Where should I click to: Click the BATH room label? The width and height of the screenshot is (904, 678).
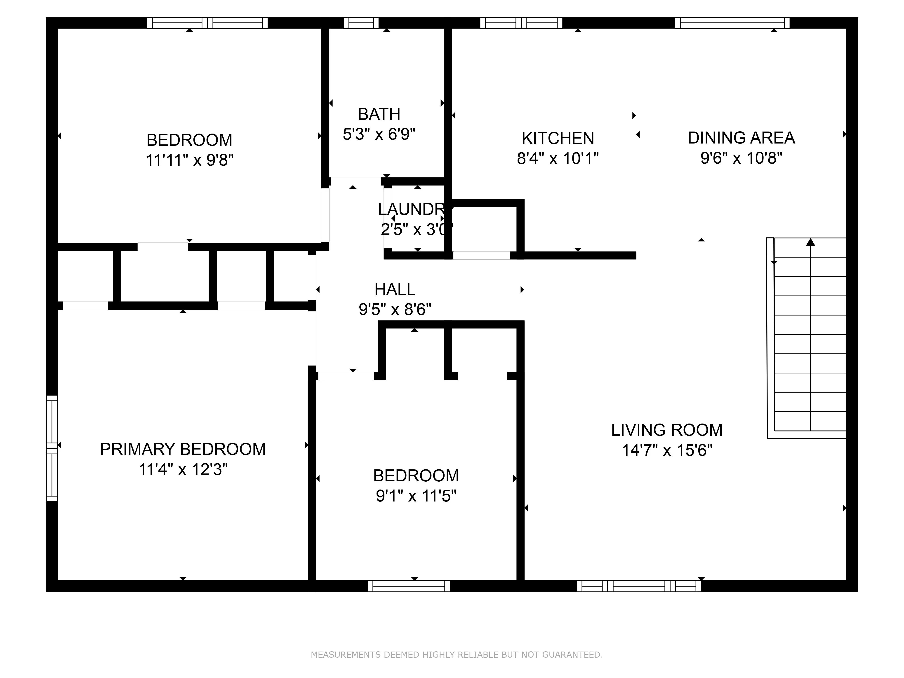pos(379,114)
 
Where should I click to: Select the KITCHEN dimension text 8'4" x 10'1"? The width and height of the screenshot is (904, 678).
pos(558,158)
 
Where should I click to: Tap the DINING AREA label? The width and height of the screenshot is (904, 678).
pos(741,138)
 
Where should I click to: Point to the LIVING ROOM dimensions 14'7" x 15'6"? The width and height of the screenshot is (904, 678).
pos(667,450)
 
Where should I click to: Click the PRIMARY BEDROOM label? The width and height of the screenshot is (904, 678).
pos(183,449)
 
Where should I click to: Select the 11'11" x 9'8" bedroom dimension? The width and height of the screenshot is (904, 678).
pos(190,160)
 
